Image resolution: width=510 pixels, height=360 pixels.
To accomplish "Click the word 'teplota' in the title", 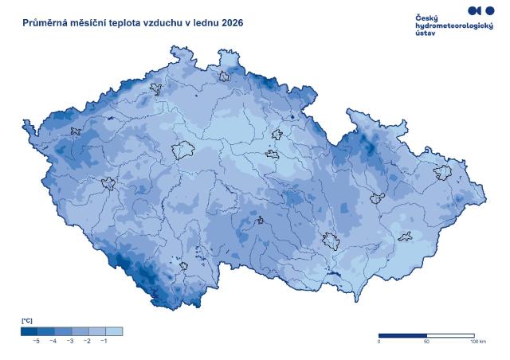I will pos(135,23).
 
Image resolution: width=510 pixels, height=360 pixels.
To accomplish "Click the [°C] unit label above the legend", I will pos(26,320).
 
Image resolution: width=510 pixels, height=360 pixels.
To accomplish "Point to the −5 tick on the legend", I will pos(36,340).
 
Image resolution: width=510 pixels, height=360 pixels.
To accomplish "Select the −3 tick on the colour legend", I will pos(70,340).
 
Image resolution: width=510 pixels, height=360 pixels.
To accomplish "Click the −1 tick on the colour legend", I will pos(104,340).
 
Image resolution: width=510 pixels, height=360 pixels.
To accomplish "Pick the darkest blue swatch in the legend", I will pos(29,331).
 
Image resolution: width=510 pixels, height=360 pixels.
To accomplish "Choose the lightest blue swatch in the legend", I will pos(114,331).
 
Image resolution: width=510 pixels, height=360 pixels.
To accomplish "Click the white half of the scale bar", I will pos(450,335).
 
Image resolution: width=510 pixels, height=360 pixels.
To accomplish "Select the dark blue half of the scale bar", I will pos(402,335).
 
